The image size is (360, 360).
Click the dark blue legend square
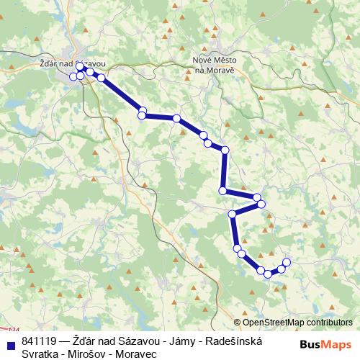pos(10,341)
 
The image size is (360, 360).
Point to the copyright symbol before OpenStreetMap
pos(237,323)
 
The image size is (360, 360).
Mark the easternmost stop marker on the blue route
pos(287,262)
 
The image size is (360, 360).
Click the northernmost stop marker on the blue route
pos(79,66)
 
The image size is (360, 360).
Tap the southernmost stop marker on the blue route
pos(268,274)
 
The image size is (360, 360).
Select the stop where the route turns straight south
pos(225,150)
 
